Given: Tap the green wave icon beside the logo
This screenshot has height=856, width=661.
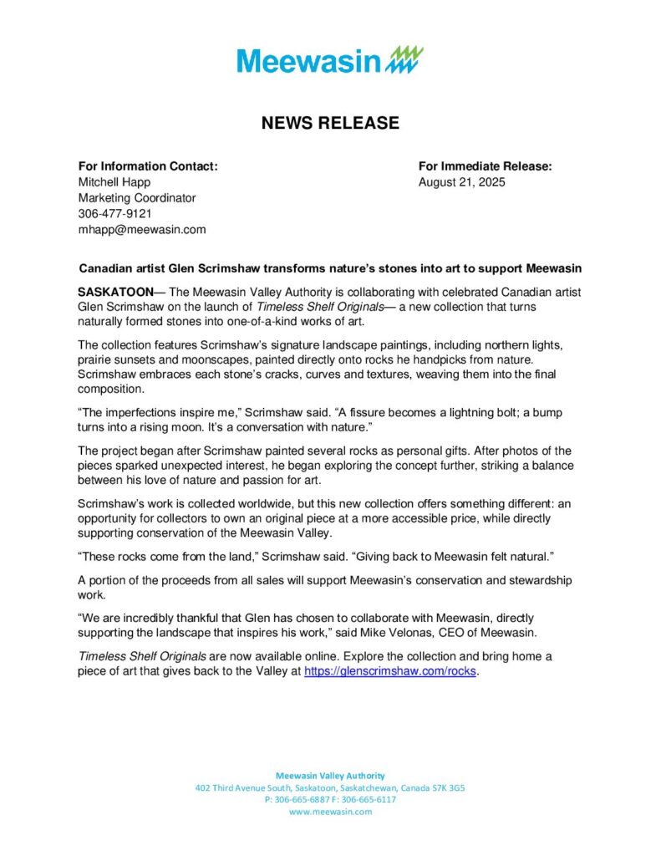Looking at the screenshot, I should click(x=404, y=59).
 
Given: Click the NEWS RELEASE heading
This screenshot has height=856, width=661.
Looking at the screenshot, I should click(x=330, y=124).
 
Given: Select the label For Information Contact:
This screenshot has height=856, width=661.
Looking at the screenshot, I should click(x=148, y=166).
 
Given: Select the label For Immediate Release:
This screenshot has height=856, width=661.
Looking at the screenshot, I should click(x=485, y=166).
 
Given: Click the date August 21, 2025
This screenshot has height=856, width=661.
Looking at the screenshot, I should click(x=461, y=182).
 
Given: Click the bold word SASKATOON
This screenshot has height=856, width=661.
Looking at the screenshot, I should click(x=115, y=292).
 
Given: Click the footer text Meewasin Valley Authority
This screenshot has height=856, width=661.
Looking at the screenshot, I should click(x=330, y=776).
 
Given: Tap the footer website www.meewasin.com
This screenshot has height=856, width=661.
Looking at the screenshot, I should click(x=330, y=812).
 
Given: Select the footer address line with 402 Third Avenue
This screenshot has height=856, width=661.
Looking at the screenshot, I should click(x=330, y=788).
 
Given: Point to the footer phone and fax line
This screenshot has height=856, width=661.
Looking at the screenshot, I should click(x=330, y=800).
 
